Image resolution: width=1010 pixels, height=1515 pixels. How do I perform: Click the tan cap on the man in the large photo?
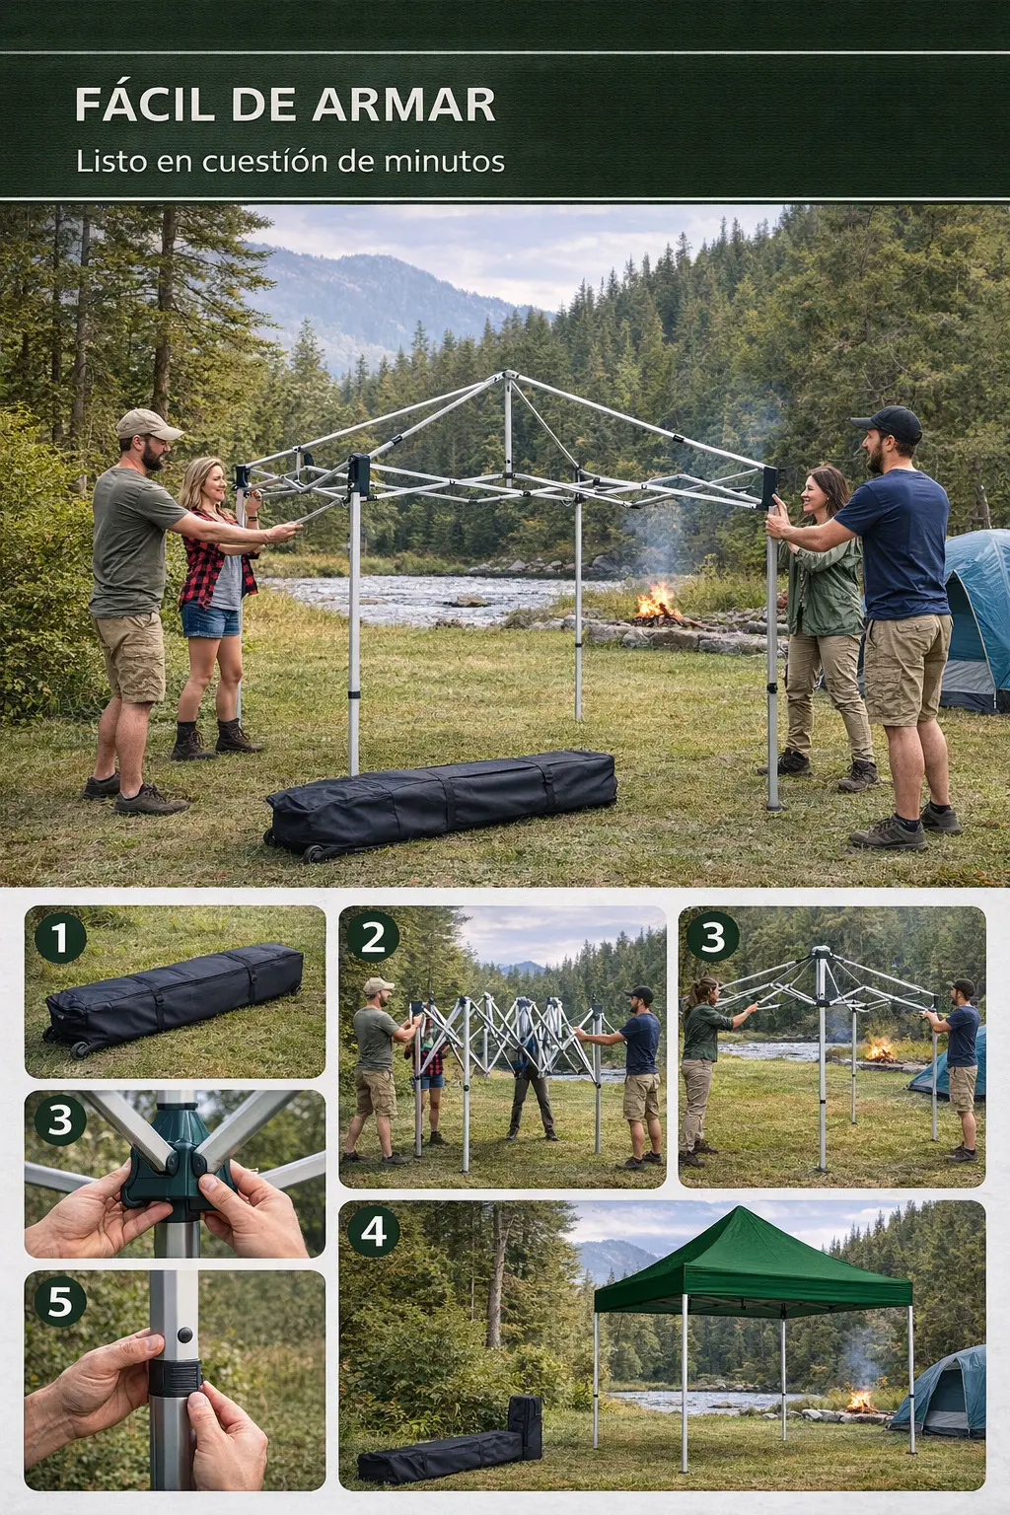[x=148, y=424]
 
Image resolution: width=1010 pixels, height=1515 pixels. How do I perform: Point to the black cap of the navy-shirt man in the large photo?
[x=889, y=423]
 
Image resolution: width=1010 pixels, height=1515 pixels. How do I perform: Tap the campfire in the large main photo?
[x=656, y=604]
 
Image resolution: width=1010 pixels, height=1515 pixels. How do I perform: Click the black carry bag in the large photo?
[x=441, y=803]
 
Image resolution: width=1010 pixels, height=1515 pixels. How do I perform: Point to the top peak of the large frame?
[x=509, y=373]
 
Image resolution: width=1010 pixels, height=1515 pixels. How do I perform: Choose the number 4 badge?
[x=374, y=1231]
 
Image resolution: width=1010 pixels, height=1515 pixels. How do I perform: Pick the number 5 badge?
[x=60, y=1301]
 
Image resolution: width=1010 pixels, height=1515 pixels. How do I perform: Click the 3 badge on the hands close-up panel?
[x=60, y=1119]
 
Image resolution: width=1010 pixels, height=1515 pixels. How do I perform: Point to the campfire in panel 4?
[x=860, y=1400]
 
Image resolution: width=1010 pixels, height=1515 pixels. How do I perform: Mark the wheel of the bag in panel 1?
[x=80, y=1049]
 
